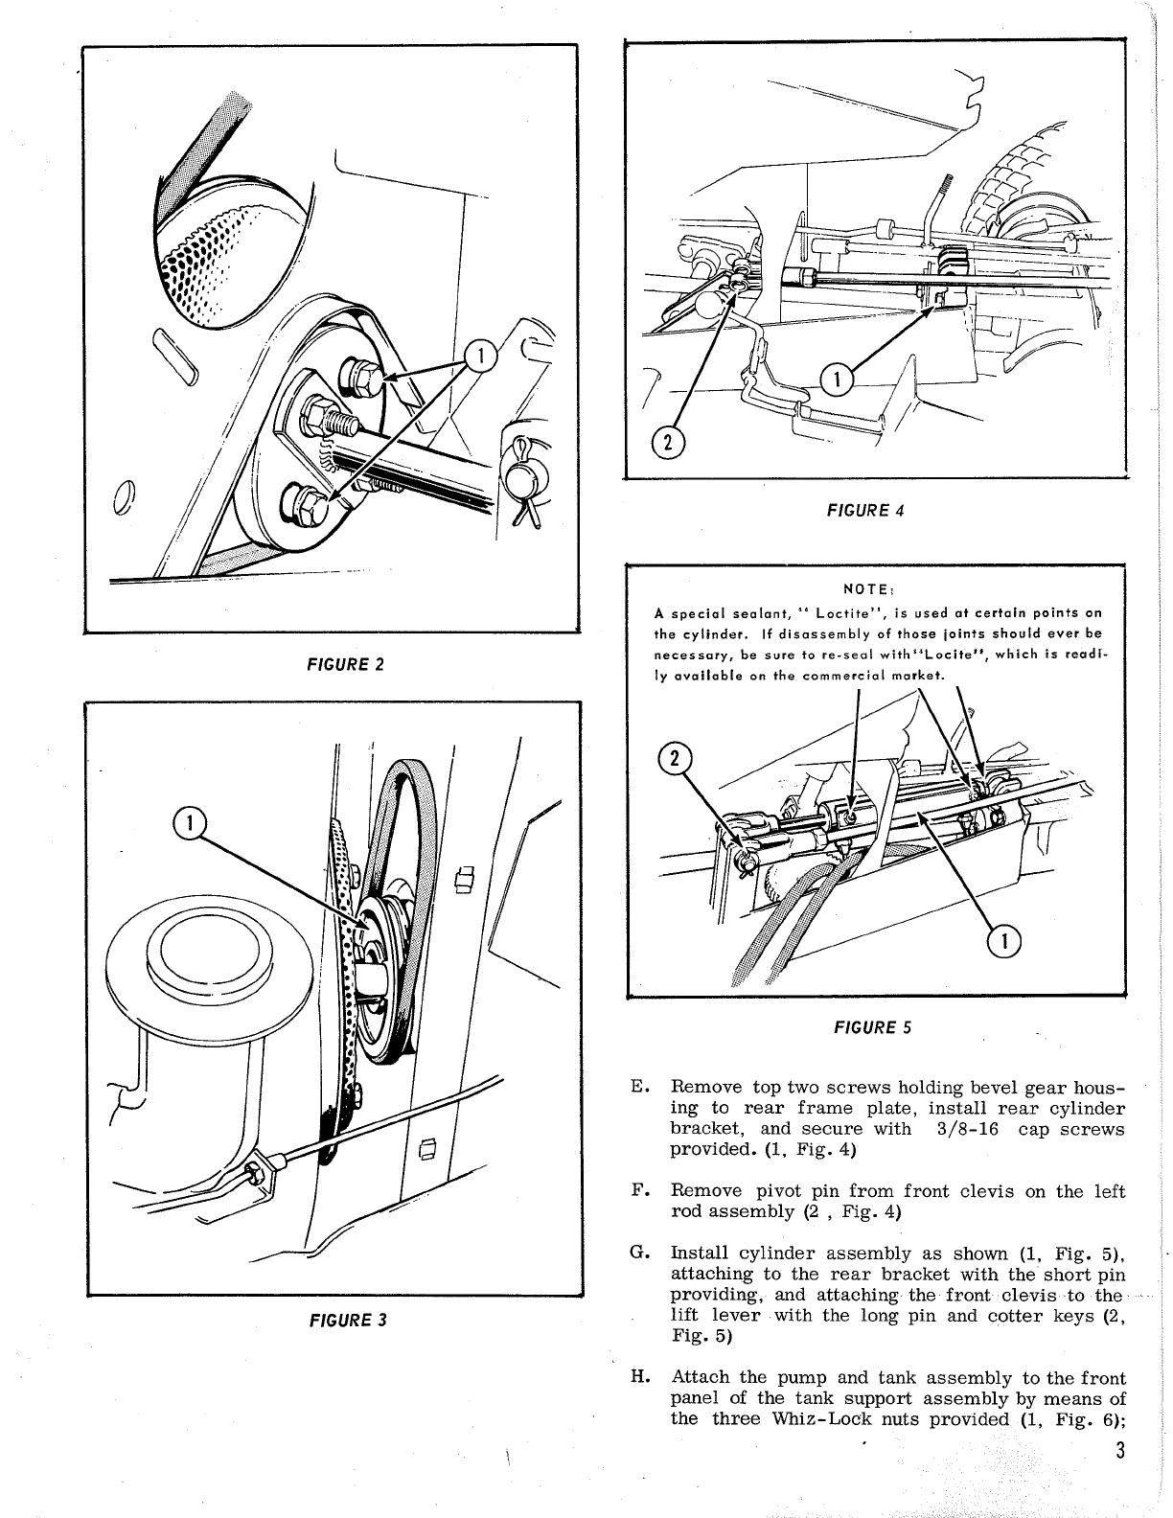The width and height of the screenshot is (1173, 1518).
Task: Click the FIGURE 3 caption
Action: coord(347,1320)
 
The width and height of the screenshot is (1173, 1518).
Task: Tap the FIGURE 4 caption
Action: coord(865,510)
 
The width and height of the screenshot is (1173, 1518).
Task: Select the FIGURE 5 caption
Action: coord(872,1027)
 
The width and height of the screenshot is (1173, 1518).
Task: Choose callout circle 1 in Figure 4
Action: coord(837,380)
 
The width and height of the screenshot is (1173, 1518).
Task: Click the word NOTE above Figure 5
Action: coord(862,591)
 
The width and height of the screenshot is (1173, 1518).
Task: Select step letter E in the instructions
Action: coord(639,1088)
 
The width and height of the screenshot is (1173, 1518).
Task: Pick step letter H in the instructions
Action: coord(638,1378)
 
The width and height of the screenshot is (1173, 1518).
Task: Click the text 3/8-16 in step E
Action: coord(965,1129)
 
